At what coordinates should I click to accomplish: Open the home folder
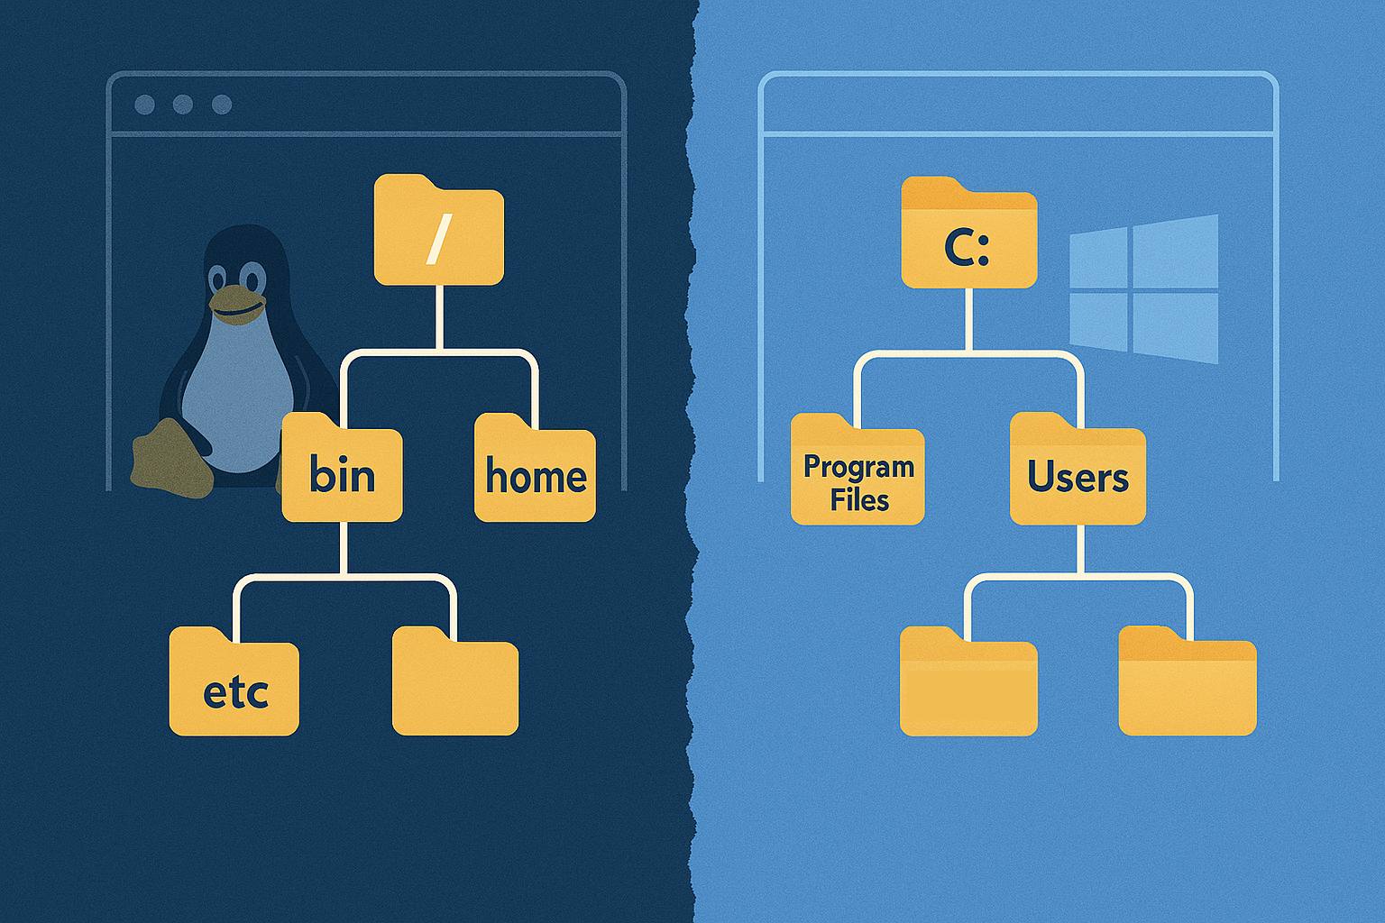point(535,474)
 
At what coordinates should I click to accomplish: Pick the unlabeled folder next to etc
point(455,685)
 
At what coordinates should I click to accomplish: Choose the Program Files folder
point(858,476)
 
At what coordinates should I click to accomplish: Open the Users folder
point(1078,474)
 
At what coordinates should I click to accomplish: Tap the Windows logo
point(1143,288)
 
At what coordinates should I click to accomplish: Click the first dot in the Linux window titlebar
point(144,105)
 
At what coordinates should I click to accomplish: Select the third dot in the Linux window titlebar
point(222,105)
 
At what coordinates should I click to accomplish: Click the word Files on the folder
point(859,499)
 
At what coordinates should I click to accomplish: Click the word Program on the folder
point(858,467)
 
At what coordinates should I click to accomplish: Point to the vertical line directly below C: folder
point(969,320)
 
